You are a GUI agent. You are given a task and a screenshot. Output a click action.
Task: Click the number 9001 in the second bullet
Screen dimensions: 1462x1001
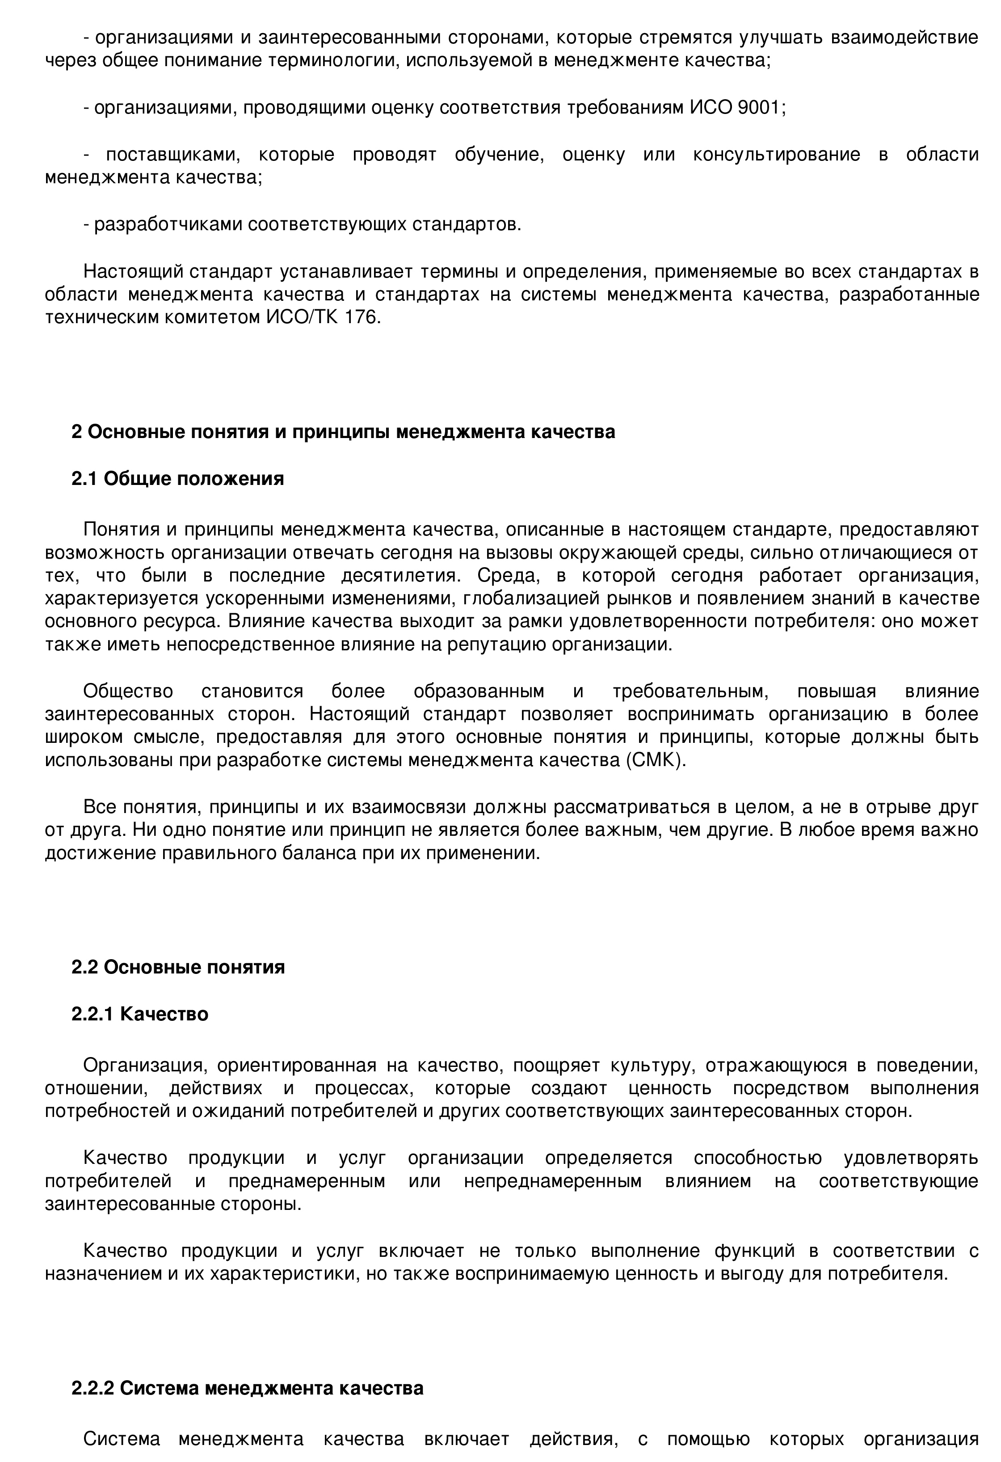[x=759, y=108]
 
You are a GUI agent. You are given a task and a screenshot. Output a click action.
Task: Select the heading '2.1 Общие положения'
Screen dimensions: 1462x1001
[x=177, y=479]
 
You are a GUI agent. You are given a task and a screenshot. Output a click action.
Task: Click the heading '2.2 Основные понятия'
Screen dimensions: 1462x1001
[x=178, y=967]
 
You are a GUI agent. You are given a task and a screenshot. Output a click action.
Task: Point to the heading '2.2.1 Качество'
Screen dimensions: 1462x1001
[x=140, y=1014]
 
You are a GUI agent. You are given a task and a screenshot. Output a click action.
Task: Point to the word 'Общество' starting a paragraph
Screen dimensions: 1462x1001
[x=128, y=691]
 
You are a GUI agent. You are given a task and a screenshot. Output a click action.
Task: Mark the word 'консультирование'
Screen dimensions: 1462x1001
[x=776, y=155]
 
